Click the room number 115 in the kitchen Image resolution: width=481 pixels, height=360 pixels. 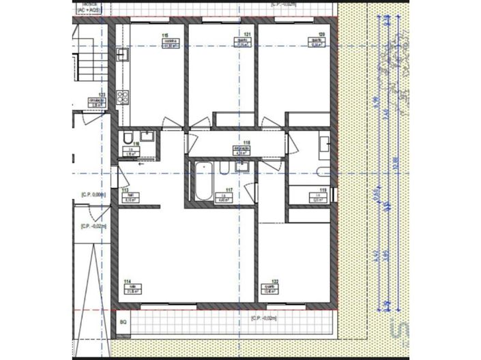point(165,35)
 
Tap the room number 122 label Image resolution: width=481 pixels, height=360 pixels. point(274,282)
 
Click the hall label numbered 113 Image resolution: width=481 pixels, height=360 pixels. point(126,192)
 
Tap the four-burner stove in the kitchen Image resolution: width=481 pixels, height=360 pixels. point(123,97)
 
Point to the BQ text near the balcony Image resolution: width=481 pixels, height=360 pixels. point(123,320)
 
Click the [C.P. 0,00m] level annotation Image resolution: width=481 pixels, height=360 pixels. point(93,194)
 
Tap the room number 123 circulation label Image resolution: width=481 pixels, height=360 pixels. point(102,95)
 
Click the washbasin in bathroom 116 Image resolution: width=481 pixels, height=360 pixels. point(147,136)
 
